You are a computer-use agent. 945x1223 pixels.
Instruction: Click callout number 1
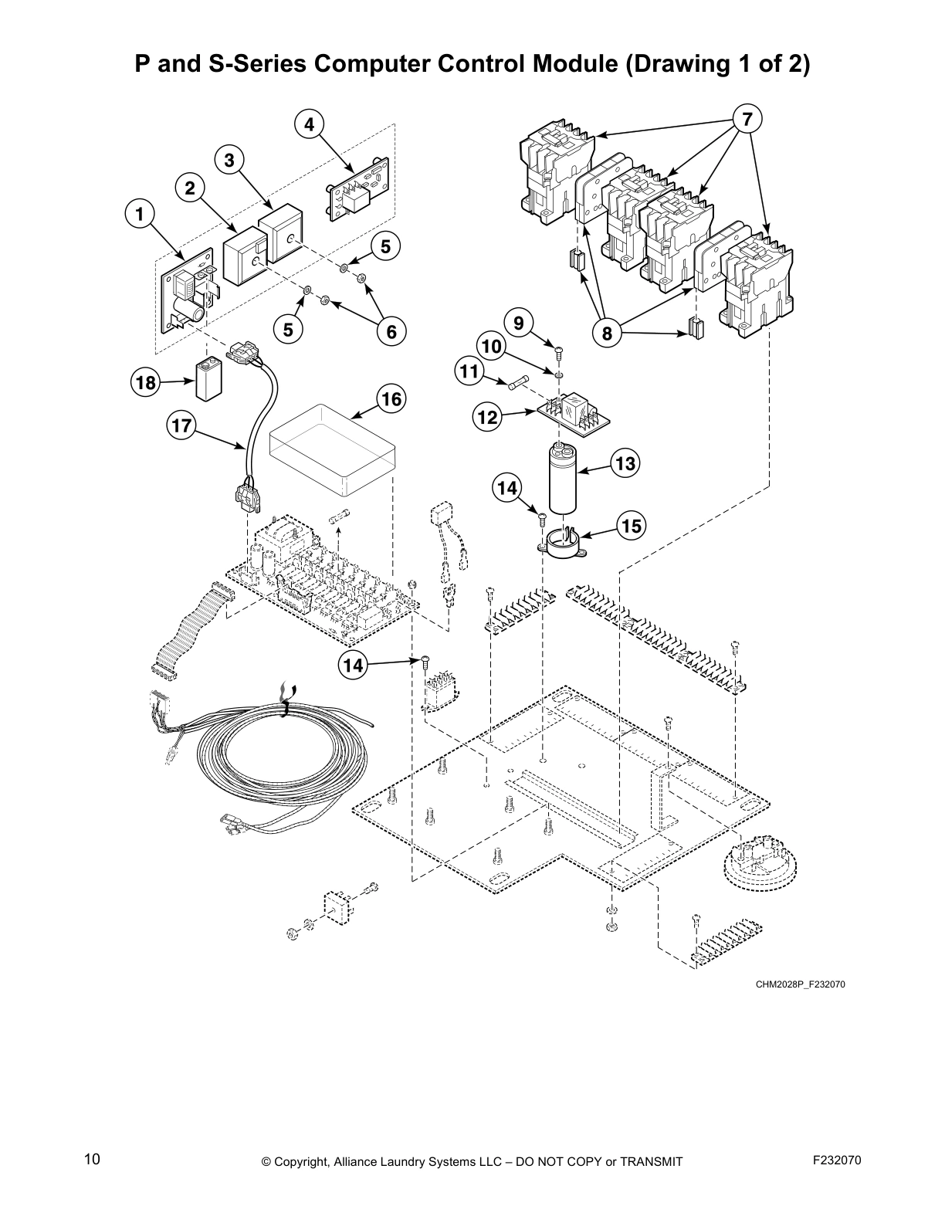click(x=140, y=214)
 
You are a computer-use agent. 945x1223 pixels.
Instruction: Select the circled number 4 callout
click(x=309, y=124)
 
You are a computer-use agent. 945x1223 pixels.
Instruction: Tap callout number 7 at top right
click(x=747, y=120)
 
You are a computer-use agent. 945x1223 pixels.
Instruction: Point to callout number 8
click(x=607, y=334)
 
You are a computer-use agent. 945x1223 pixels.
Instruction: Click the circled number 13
click(x=625, y=463)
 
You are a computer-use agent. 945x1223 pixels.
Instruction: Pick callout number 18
click(x=144, y=382)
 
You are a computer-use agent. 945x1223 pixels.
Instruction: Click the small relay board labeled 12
click(x=574, y=412)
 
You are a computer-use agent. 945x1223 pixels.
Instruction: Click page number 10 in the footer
click(x=92, y=1160)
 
